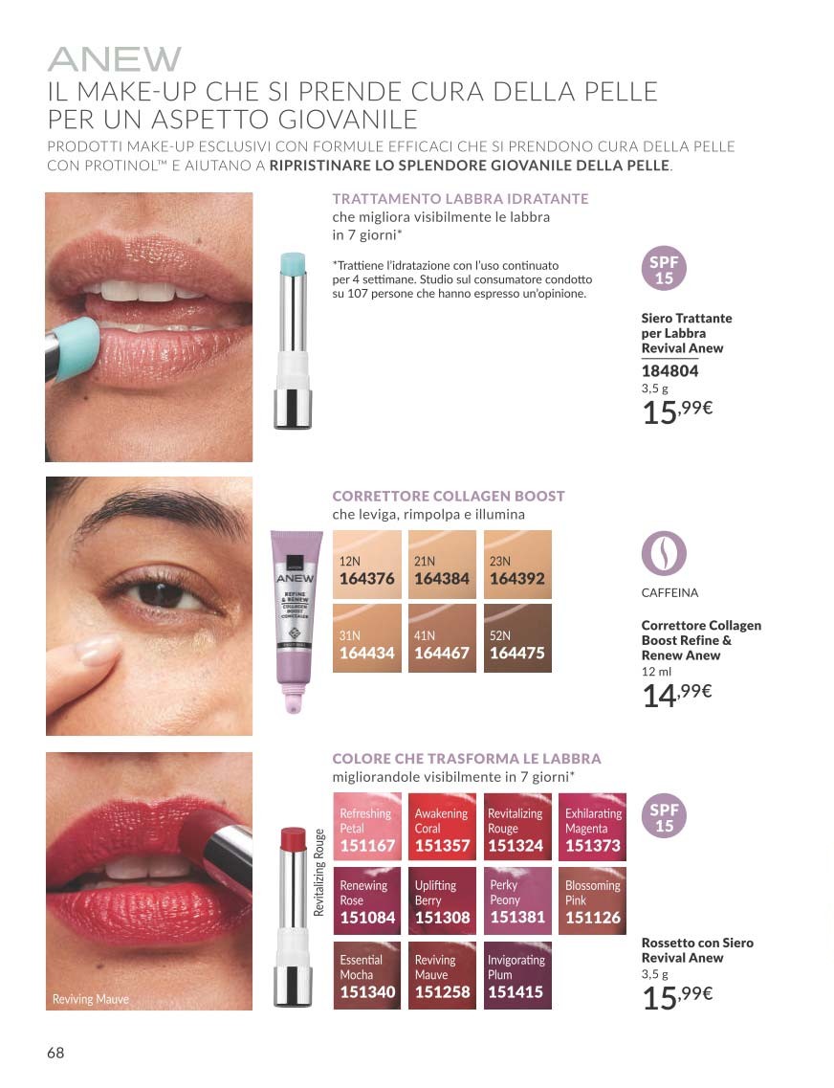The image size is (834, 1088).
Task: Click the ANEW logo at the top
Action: tap(115, 59)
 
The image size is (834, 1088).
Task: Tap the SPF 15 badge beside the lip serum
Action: tap(664, 269)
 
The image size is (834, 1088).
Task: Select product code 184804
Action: tap(669, 370)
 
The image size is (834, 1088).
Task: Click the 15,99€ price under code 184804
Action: tap(677, 411)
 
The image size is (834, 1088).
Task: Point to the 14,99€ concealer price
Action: tap(677, 695)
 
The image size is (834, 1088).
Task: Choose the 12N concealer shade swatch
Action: tap(366, 565)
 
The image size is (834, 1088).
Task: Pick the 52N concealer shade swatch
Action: tap(517, 638)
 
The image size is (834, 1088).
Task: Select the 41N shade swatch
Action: tap(442, 638)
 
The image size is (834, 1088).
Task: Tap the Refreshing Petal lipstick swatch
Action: tap(366, 827)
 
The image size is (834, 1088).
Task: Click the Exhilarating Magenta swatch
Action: tap(592, 827)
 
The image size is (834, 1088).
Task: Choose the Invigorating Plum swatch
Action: tap(517, 975)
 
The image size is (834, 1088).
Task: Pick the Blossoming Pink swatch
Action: tap(592, 900)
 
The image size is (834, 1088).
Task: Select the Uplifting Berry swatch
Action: tap(442, 900)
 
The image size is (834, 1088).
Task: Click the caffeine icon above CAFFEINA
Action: tap(664, 554)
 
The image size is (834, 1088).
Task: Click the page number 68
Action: tap(55, 1053)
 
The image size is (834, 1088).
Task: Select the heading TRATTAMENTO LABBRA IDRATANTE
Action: tap(460, 198)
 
